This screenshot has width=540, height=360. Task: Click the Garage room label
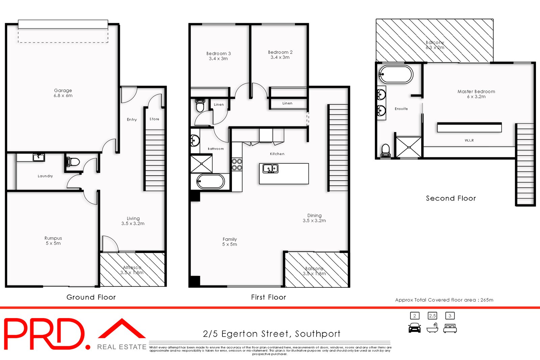tap(63, 93)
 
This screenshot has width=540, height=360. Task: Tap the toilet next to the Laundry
tap(73, 162)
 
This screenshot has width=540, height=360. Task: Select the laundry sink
tap(38, 157)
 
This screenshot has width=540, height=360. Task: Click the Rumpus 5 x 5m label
tap(53, 240)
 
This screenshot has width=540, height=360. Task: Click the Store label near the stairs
tap(154, 119)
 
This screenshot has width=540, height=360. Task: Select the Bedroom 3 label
tap(218, 56)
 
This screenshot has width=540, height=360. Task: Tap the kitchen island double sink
tap(270, 168)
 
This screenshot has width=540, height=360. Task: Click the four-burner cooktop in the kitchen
tap(237, 164)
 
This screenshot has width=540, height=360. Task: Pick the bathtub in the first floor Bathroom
tap(211, 181)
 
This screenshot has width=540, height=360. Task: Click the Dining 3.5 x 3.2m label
tap(314, 218)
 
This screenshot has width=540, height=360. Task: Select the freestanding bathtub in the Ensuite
tap(396, 74)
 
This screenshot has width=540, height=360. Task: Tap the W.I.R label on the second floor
tap(469, 140)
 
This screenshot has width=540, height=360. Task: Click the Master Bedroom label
tap(476, 94)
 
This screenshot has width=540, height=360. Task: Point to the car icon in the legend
tap(414, 328)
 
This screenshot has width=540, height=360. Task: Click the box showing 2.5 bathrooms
tap(432, 316)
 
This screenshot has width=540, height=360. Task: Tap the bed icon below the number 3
tap(450, 328)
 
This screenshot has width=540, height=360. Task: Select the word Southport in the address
tap(318, 334)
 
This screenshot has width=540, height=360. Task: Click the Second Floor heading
tap(451, 198)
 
